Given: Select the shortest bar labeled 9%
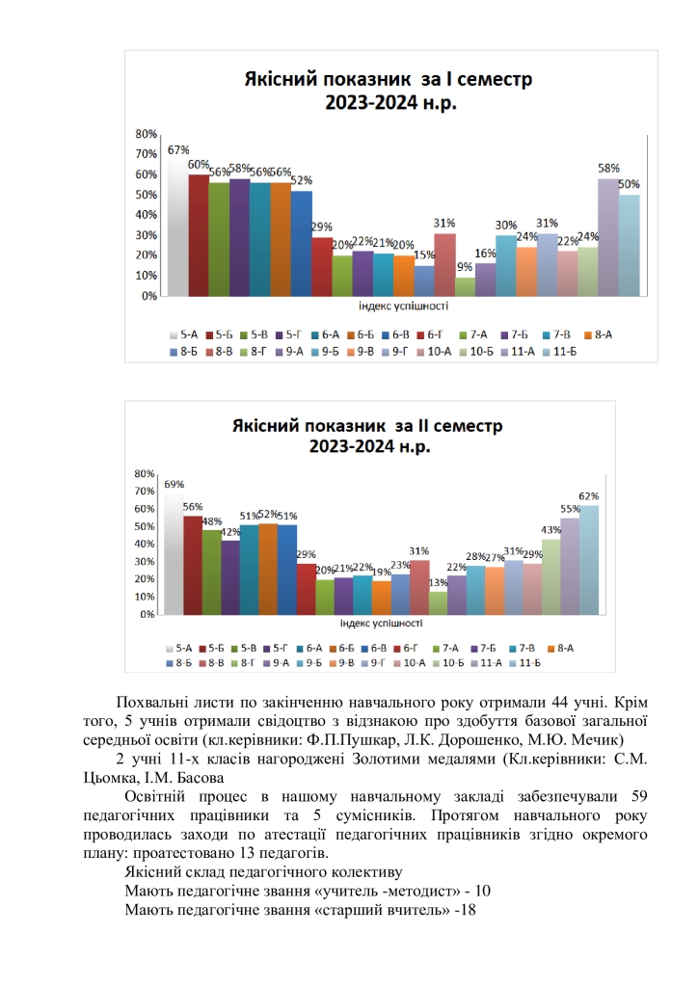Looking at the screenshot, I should coord(465,287).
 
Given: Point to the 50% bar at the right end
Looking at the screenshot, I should coord(629,246).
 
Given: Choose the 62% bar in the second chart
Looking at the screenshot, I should coord(588,559).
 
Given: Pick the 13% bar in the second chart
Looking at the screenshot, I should coord(438,602).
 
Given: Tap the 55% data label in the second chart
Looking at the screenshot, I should coord(570,509).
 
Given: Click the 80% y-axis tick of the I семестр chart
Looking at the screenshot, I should coord(147,133).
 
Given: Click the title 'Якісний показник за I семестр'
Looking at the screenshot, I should coord(386,79).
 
